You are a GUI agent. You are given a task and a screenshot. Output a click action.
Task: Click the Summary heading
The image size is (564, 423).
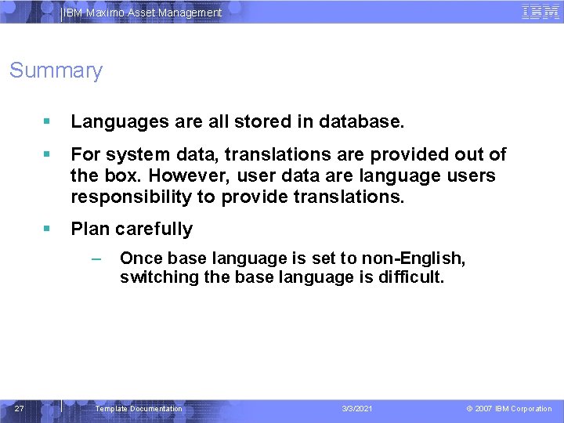56,70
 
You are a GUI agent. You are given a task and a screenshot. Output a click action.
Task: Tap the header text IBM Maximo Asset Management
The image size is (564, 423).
142,13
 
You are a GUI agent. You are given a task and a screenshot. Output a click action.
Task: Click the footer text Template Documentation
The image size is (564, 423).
138,409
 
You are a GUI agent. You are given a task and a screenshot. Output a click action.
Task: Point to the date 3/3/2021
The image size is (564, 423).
357,409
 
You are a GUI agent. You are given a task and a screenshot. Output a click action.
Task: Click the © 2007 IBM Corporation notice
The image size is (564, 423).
509,409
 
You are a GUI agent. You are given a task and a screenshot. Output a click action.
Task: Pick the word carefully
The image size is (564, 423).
154,229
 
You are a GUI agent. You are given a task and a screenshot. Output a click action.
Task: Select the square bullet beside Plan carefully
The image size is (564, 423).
47,229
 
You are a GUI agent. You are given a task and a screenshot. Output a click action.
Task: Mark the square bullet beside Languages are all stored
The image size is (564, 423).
47,122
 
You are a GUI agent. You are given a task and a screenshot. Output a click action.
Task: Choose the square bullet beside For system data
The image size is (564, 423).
47,154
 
